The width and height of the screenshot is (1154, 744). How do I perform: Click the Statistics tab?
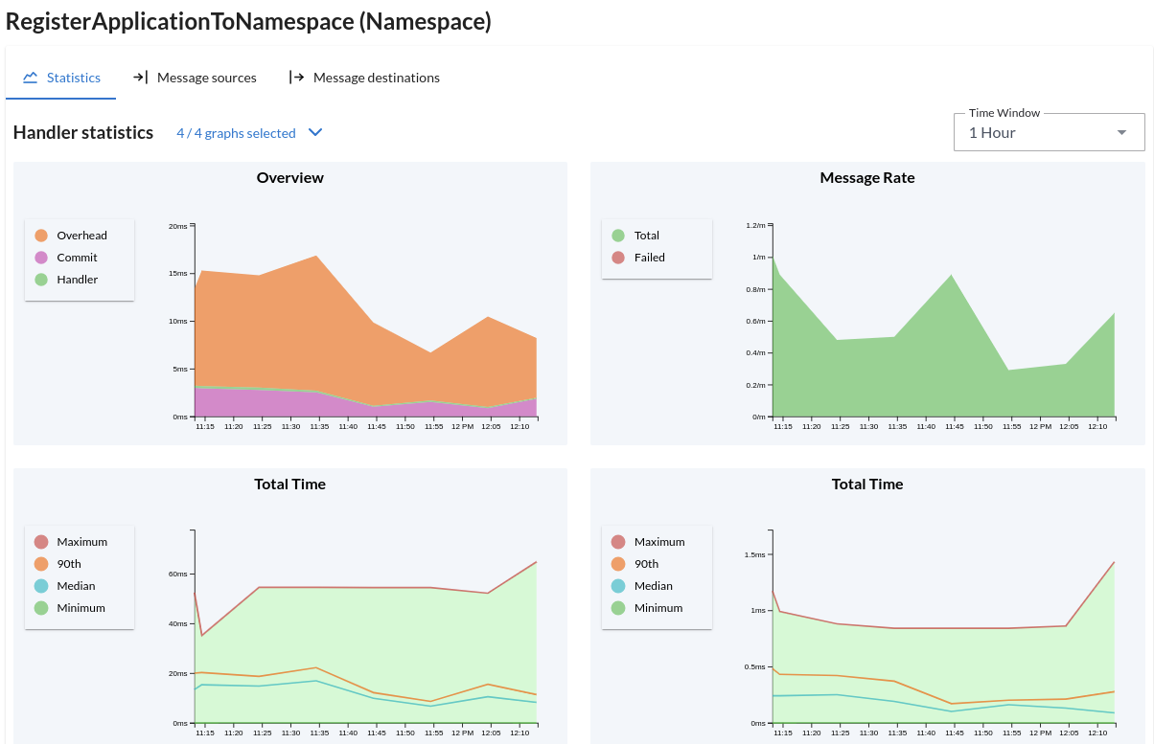(62, 78)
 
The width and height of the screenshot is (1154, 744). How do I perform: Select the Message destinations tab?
(364, 78)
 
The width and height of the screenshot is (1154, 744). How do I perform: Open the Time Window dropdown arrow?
(1121, 133)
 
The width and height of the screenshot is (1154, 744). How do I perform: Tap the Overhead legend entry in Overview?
(81, 236)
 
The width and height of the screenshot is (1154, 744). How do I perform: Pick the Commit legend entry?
(76, 258)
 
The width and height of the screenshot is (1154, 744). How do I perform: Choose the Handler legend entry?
(76, 280)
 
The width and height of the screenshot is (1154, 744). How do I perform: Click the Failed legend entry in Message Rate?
(649, 258)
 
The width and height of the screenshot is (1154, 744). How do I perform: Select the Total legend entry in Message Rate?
(646, 236)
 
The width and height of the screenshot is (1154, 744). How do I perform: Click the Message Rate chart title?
(867, 178)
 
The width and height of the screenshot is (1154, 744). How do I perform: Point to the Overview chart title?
(289, 178)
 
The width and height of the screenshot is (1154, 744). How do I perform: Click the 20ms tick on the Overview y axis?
(177, 226)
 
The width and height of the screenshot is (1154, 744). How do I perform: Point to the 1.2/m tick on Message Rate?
(755, 225)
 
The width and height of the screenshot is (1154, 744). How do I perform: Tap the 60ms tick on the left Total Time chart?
(177, 575)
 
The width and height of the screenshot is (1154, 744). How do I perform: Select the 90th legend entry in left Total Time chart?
(68, 564)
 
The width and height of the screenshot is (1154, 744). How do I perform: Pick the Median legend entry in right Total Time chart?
(653, 586)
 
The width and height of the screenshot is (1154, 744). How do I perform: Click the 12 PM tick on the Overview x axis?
(462, 427)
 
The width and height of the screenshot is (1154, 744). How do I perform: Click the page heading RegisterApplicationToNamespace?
(248, 21)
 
